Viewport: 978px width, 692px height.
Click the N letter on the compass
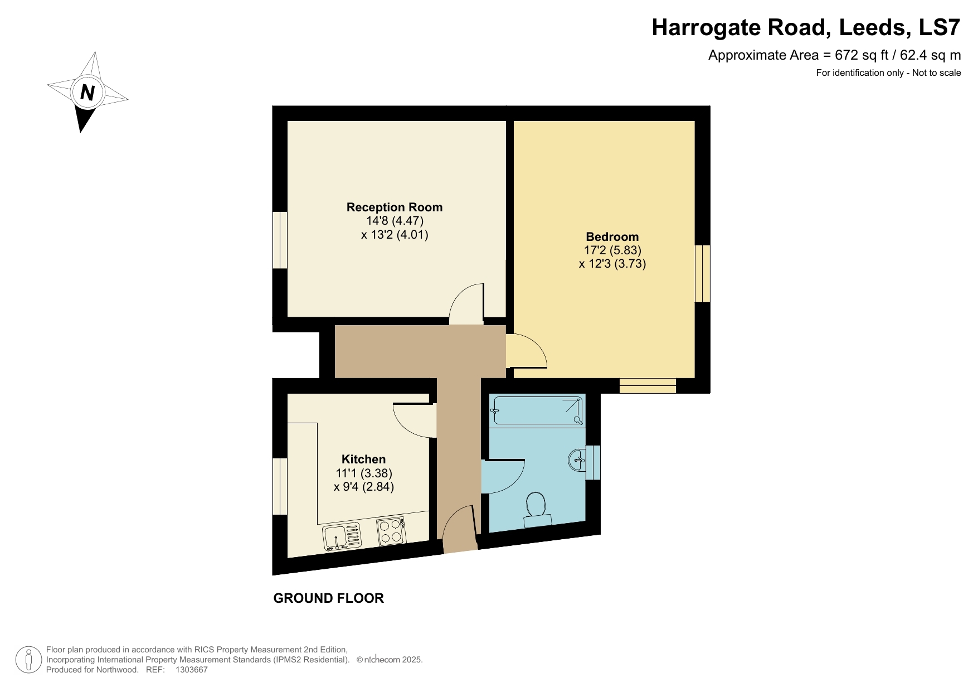click(87, 92)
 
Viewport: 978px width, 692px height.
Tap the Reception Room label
click(394, 207)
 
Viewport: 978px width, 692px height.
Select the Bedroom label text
click(612, 236)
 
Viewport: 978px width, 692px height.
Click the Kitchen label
click(363, 459)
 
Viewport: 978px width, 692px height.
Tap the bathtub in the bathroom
click(537, 411)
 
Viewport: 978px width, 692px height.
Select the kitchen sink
click(342, 537)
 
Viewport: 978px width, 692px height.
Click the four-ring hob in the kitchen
click(390, 531)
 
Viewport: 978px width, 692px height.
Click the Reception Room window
click(280, 240)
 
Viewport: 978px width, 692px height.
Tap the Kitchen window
click(280, 486)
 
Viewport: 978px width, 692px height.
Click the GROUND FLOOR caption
click(328, 598)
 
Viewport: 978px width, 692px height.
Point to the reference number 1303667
click(191, 670)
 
